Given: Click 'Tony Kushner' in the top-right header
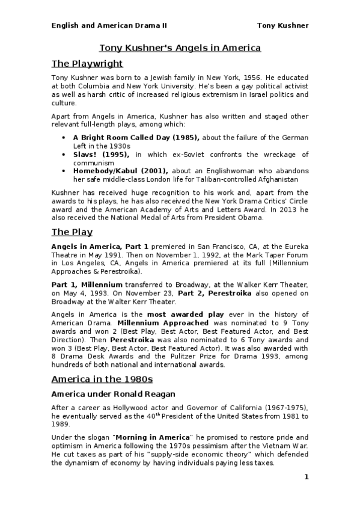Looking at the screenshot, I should [x=282, y=25].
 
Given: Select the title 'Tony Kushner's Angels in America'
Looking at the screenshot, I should [x=180, y=48].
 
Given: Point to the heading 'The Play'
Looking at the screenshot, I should [x=72, y=232].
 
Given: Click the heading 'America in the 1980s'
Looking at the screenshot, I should [x=102, y=379].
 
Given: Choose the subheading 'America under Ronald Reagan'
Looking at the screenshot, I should [x=112, y=395].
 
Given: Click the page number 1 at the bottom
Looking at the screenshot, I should [x=306, y=478].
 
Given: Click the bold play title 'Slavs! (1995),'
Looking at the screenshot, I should [x=101, y=155].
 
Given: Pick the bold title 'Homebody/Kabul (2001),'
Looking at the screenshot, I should [x=120, y=171].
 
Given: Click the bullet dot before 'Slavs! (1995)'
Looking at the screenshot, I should [x=64, y=155].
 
